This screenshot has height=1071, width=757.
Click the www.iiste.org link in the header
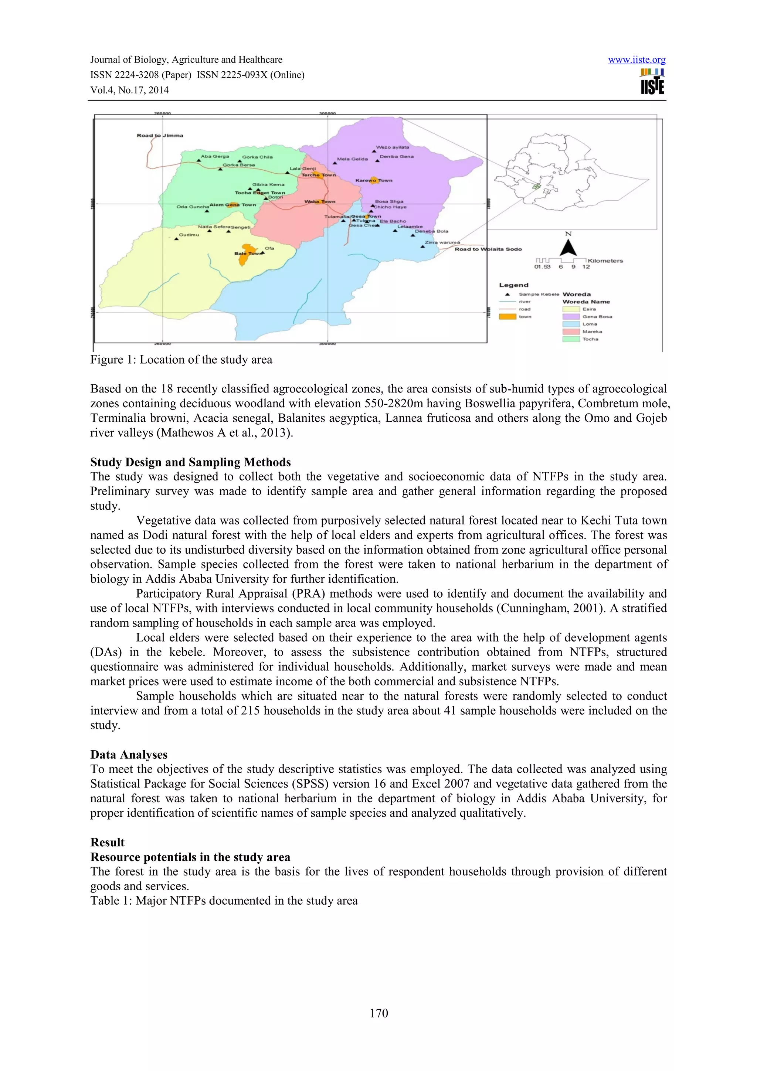pos(637,60)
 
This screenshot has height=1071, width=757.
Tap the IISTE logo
pos(652,82)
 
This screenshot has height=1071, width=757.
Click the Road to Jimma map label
pos(160,136)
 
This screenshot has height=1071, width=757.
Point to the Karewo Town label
pos(374,180)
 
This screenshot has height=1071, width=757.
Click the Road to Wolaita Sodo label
pos(488,249)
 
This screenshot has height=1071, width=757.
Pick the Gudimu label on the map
pos(189,235)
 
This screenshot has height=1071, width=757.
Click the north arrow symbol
pos(568,247)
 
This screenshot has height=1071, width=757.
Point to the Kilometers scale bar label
pos(605,261)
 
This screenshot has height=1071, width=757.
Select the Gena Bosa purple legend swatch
pos(571,316)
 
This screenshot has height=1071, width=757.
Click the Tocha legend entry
pos(590,339)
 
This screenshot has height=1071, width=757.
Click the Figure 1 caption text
pos(181,360)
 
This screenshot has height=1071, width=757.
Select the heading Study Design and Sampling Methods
pos(190,462)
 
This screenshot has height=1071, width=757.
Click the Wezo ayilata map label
pos(392,147)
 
